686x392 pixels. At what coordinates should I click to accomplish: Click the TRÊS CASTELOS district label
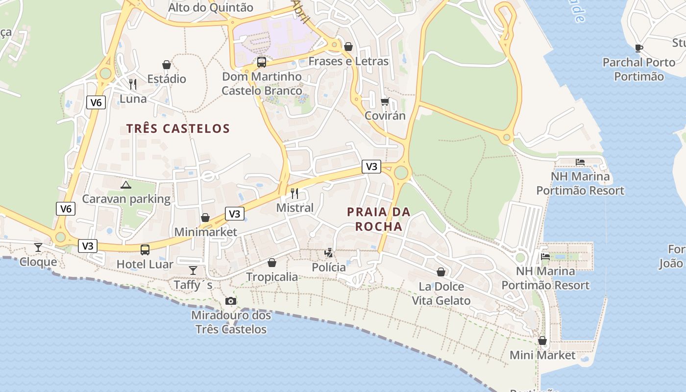coord(178,129)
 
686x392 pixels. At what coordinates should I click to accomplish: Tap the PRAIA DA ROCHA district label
coord(378,219)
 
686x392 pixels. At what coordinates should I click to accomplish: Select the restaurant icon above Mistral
coord(294,194)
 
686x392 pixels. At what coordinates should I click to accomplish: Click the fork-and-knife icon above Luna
coord(133,84)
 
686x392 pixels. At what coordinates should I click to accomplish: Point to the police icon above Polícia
coord(329,253)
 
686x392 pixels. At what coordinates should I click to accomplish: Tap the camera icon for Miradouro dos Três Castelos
coord(231,301)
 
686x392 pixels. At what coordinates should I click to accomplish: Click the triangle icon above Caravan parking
coord(126,185)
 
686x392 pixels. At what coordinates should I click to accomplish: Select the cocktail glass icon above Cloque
coord(38,247)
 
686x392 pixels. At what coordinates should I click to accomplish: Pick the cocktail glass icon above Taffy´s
coord(193,270)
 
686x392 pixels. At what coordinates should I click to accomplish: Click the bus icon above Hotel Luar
coord(145,250)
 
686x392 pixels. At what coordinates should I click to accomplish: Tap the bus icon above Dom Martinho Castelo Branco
coord(262,62)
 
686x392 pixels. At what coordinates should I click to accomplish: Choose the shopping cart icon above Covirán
coord(385,101)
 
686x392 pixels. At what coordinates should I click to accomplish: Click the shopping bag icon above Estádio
coord(167,65)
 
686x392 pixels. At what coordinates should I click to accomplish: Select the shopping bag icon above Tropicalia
coord(272,263)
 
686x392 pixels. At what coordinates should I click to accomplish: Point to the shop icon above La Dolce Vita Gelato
coord(441,272)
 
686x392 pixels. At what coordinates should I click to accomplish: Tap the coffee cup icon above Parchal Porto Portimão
coord(638,48)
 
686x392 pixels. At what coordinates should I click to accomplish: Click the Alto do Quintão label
coord(211,7)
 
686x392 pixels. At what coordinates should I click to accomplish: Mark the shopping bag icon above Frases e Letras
coord(348,47)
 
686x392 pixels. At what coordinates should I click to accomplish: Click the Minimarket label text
coord(205,232)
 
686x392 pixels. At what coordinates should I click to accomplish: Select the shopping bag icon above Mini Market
coord(542,341)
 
